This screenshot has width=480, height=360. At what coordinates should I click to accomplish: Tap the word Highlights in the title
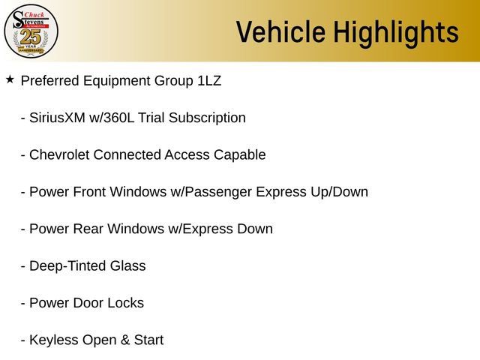(x=396, y=32)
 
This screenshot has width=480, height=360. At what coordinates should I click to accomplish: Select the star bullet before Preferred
(x=10, y=79)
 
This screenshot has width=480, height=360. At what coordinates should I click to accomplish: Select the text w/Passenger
(x=211, y=192)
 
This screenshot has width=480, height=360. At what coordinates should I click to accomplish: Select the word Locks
(x=125, y=303)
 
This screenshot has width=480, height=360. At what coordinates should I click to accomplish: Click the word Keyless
(x=52, y=340)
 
